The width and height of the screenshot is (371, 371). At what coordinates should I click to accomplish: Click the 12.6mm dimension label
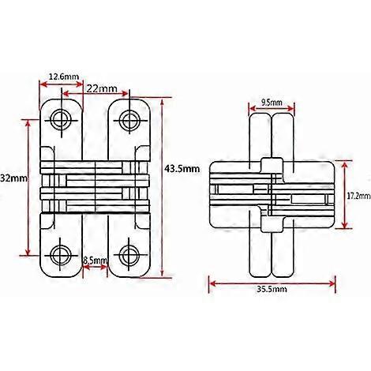[63, 76]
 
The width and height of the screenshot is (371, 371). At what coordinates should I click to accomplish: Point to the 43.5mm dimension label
[182, 169]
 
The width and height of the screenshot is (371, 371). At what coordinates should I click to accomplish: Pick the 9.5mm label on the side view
[272, 102]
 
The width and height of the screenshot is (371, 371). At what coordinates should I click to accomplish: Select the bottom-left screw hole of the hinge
[62, 254]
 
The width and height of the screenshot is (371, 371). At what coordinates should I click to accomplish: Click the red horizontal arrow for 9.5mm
[272, 111]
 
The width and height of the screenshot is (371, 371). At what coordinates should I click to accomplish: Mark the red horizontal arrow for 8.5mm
[96, 268]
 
